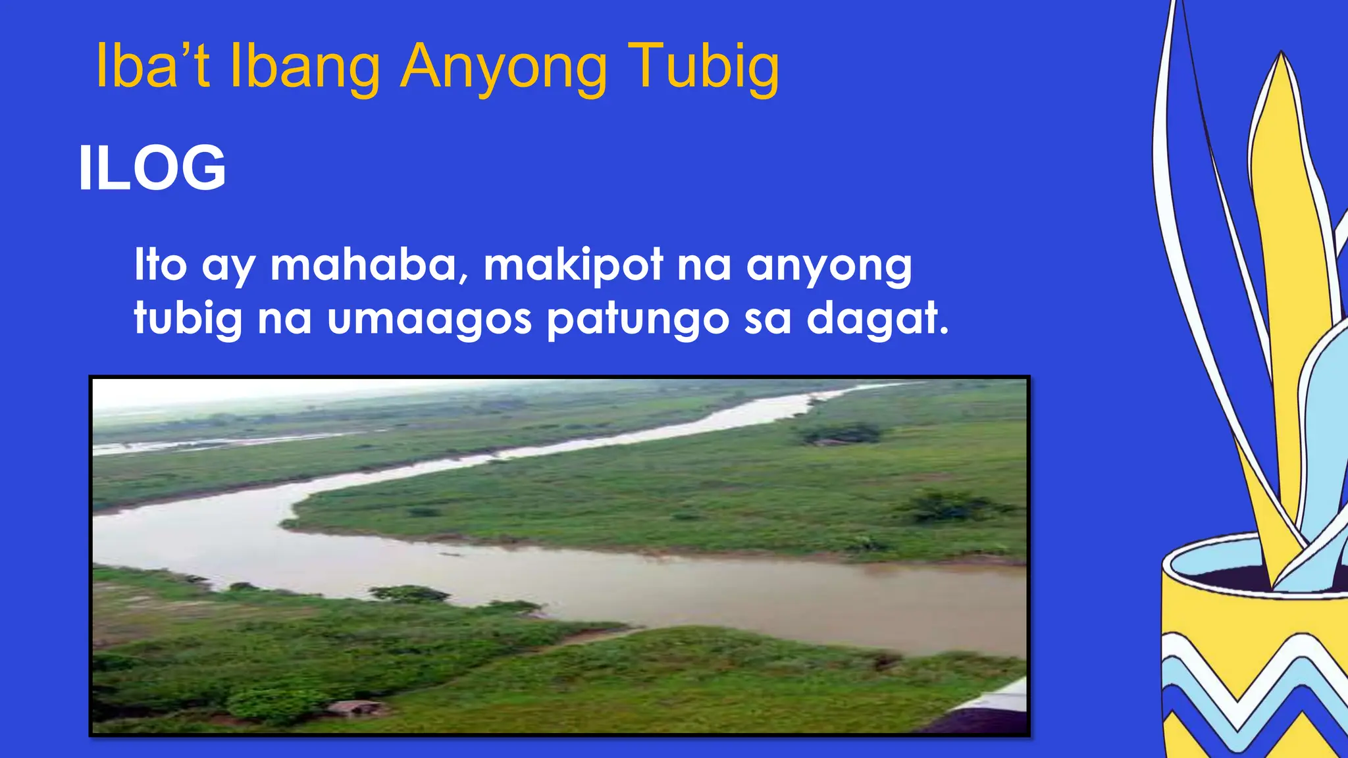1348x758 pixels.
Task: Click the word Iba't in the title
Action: tap(153, 66)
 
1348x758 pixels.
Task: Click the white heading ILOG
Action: tap(152, 168)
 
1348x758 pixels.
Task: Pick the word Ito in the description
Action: tap(161, 265)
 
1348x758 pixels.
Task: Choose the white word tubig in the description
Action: tap(188, 320)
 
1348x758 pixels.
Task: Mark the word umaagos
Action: tap(428, 320)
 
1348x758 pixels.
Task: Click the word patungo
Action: tap(638, 320)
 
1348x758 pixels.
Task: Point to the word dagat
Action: tap(877, 318)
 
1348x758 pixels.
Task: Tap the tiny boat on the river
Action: tap(451, 554)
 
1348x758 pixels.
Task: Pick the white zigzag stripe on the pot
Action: tap(1251, 658)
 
